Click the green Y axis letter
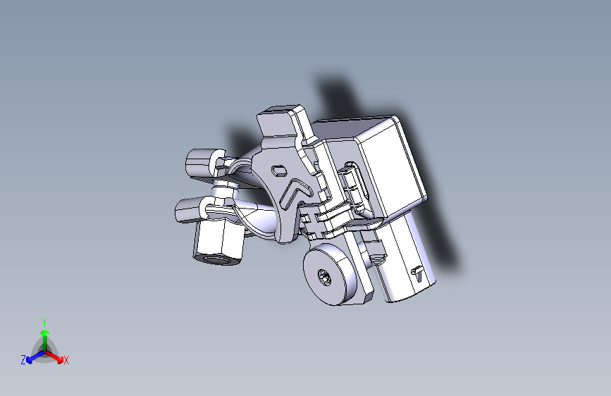[44, 321]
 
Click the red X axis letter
[66, 361]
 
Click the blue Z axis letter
[23, 360]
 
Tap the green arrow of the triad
[44, 335]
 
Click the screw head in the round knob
[324, 277]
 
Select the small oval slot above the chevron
[279, 169]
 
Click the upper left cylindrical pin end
[200, 164]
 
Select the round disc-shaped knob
[331, 276]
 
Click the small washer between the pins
[224, 189]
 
